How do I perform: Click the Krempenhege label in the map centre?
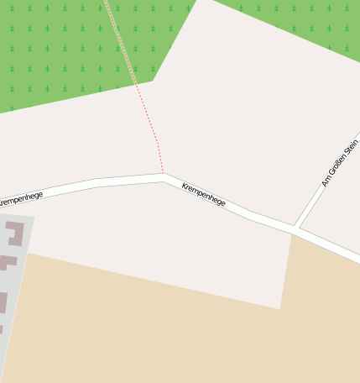pyautogui.click(x=204, y=193)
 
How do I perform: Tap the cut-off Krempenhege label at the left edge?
pyautogui.click(x=21, y=198)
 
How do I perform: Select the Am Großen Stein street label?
pyautogui.click(x=340, y=163)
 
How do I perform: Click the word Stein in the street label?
pyautogui.click(x=352, y=148)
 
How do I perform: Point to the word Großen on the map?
pyautogui.click(x=338, y=165)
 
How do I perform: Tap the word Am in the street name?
pyautogui.click(x=326, y=181)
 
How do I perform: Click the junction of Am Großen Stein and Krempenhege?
pyautogui.click(x=295, y=228)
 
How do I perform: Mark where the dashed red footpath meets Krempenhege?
pyautogui.click(x=163, y=175)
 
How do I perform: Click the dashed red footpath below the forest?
pyautogui.click(x=151, y=126)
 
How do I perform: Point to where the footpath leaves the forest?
pyautogui.click(x=136, y=85)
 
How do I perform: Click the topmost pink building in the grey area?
pyautogui.click(x=15, y=233)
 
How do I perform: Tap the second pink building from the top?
pyautogui.click(x=8, y=261)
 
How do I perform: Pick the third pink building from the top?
pyautogui.click(x=3, y=302)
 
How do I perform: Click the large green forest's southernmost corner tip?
pyautogui.click(x=154, y=81)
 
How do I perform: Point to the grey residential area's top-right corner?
pyautogui.click(x=34, y=217)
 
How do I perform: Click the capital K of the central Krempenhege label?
pyautogui.click(x=185, y=184)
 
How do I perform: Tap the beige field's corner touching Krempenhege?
pyautogui.click(x=292, y=234)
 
